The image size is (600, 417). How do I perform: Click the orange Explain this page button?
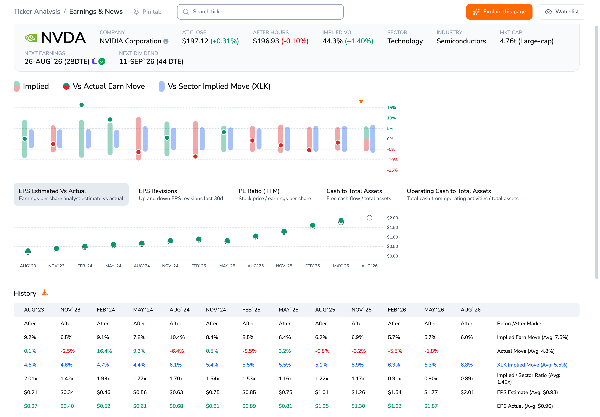click(x=499, y=12)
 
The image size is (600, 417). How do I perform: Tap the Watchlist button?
click(x=562, y=12)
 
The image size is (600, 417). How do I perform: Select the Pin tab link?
click(x=147, y=12)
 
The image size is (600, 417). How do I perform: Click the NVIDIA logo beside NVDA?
click(x=31, y=38)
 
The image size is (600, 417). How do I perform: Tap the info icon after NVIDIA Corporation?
click(x=166, y=41)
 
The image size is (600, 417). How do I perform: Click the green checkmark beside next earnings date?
click(x=102, y=61)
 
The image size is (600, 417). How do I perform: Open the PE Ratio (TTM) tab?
click(x=275, y=194)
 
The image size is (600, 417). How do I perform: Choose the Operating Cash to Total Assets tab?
click(x=462, y=194)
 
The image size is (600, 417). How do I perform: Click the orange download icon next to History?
click(x=45, y=293)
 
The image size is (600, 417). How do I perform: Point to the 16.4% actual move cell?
click(x=104, y=351)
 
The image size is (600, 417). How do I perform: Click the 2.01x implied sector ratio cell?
click(x=31, y=378)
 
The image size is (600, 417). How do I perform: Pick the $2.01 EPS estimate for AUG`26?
click(x=467, y=392)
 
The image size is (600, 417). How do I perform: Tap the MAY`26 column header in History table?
click(x=434, y=310)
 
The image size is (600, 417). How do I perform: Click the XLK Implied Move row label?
click(x=532, y=365)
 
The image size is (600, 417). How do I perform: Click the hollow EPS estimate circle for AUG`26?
click(x=369, y=218)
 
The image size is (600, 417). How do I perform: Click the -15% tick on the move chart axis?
click(x=392, y=170)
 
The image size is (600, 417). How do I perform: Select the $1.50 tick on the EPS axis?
click(x=392, y=227)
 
